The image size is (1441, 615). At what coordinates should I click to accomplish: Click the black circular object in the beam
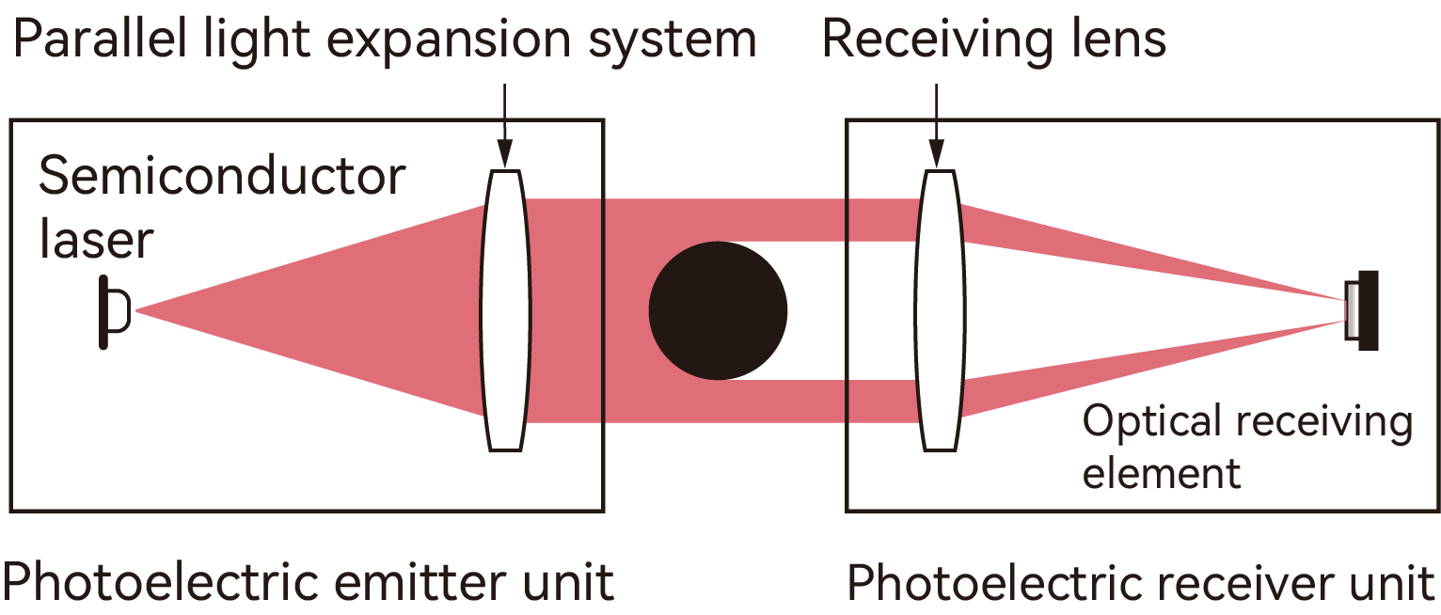718,310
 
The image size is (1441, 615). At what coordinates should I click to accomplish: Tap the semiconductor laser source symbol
112,310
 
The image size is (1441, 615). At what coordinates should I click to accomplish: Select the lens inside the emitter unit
505,310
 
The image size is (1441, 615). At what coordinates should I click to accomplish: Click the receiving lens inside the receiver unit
940,310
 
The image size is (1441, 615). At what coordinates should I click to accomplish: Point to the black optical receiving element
1366,310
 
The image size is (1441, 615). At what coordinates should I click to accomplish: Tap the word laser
95,239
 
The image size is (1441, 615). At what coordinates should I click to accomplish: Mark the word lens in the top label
1119,39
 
